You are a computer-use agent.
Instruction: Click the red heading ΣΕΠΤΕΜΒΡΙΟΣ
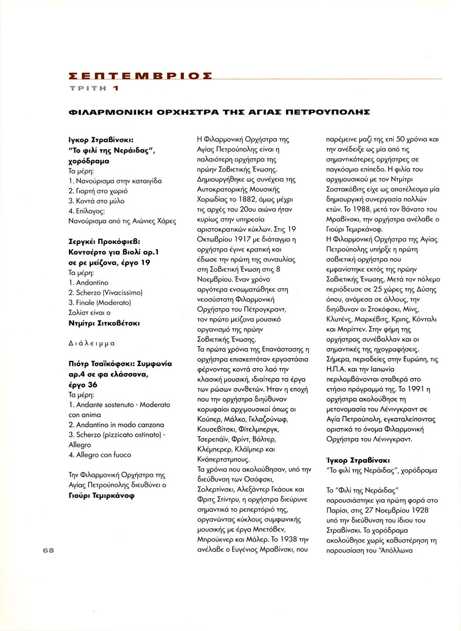point(141,75)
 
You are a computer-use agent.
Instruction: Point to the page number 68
point(49,550)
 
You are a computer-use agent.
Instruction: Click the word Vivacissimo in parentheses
point(122,292)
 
